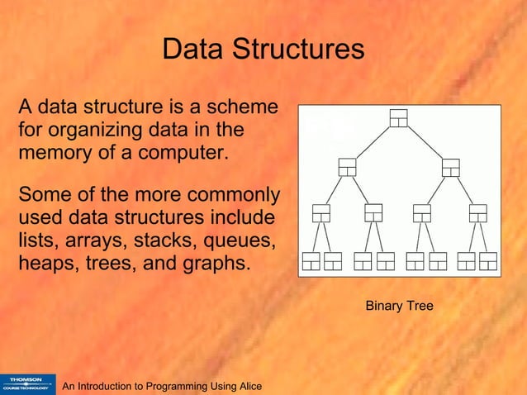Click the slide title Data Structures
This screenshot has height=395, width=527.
click(263, 50)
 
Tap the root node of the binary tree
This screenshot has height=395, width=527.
click(399, 118)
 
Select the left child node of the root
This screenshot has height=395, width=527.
click(347, 166)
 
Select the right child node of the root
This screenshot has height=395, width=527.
click(451, 166)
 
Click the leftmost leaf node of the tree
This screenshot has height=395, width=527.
click(311, 261)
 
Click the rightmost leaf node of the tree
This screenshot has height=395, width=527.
click(489, 261)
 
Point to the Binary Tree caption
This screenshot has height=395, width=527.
click(399, 307)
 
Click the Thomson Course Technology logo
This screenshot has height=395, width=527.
click(27, 383)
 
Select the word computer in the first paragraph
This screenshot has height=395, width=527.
click(184, 153)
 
